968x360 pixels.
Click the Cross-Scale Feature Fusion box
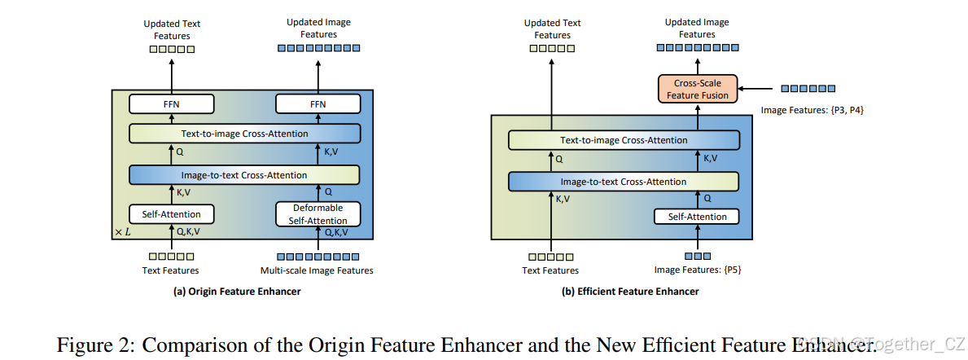click(x=696, y=89)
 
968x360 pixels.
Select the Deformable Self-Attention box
click(x=318, y=214)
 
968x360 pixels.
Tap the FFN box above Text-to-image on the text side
click(x=171, y=104)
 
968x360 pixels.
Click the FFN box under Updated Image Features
click(x=318, y=104)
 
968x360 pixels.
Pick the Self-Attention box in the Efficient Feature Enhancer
click(x=697, y=217)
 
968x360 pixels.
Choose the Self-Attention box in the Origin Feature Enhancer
click(x=171, y=214)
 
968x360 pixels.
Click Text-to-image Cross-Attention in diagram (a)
click(x=244, y=134)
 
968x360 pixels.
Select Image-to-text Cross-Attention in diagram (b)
click(x=624, y=182)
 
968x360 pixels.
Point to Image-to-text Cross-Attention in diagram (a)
click(x=244, y=175)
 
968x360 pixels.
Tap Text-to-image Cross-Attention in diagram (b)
click(x=624, y=140)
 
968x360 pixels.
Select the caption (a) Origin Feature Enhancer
click(x=237, y=292)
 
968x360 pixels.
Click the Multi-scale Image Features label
click(x=317, y=270)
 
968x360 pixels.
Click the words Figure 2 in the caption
click(x=88, y=345)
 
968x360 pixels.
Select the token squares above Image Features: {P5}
click(x=697, y=257)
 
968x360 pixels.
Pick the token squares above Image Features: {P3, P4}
click(x=808, y=88)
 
